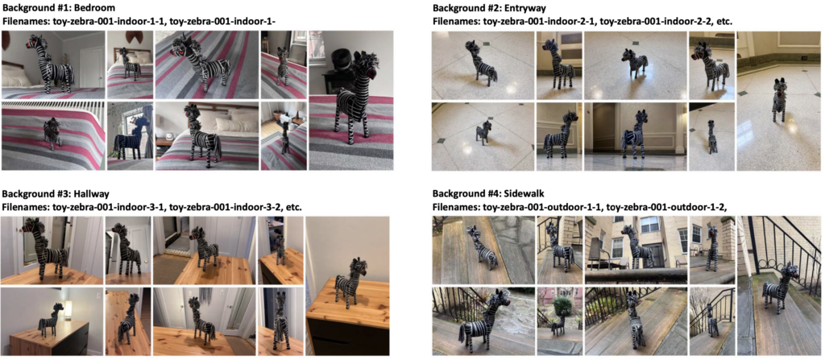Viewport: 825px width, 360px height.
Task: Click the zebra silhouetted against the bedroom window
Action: click(130, 139)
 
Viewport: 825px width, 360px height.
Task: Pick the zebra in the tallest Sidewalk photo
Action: click(780, 288)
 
